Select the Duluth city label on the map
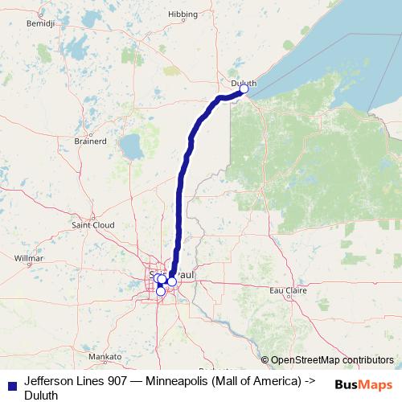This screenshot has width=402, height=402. (x=242, y=82)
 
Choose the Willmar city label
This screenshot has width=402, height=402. (x=28, y=258)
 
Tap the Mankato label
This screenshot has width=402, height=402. (x=105, y=355)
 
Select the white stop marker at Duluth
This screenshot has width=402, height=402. (x=244, y=89)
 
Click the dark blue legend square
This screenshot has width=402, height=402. (x=12, y=386)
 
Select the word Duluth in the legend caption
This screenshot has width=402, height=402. (x=41, y=394)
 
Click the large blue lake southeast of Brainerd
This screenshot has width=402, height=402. (x=130, y=147)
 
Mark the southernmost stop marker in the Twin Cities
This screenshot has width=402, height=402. (x=160, y=291)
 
